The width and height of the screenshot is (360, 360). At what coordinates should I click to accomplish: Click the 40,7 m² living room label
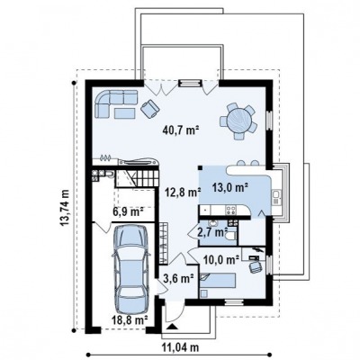(x=181, y=130)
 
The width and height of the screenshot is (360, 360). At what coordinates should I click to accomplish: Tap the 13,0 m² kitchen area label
(x=230, y=188)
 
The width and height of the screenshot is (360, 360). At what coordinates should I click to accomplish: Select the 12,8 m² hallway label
(x=183, y=192)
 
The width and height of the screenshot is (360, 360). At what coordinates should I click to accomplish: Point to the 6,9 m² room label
(x=128, y=211)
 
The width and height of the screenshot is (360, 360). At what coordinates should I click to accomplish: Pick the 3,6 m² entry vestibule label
(x=178, y=278)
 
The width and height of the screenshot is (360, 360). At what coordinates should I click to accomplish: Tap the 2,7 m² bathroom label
(x=212, y=232)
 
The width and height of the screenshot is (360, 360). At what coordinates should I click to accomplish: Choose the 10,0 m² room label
(x=221, y=259)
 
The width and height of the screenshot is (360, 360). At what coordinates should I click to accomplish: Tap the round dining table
(x=238, y=121)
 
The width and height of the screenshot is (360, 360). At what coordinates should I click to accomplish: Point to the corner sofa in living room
(x=115, y=103)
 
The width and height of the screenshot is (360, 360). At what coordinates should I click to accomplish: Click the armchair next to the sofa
(x=149, y=109)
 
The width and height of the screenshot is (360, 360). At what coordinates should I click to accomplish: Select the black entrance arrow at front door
(x=172, y=327)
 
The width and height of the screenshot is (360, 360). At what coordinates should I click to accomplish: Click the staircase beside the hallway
(x=137, y=178)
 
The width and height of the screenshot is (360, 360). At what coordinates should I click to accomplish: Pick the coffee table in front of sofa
(x=125, y=112)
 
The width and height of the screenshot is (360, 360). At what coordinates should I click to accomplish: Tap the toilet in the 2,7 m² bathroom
(x=231, y=237)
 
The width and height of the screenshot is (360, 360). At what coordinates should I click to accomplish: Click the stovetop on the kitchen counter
(x=230, y=210)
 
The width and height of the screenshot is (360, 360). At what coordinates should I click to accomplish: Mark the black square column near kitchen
(x=200, y=168)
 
